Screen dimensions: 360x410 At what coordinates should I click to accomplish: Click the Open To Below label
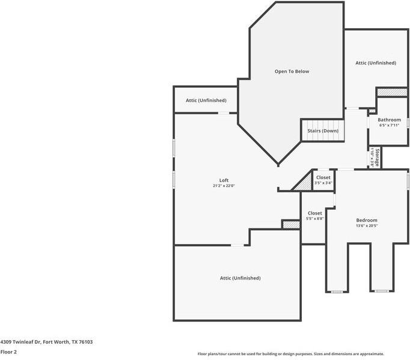(x=292, y=72)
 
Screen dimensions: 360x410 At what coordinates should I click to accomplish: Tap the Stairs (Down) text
(x=323, y=131)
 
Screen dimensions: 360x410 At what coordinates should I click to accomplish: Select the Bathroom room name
(x=389, y=120)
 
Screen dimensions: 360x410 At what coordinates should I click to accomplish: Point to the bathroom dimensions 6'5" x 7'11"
(x=389, y=125)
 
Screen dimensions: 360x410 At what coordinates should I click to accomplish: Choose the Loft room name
(x=224, y=180)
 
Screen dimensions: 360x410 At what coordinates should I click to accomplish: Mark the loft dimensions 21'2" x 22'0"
(x=224, y=186)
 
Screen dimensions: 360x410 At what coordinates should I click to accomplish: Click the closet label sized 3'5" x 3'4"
(x=323, y=178)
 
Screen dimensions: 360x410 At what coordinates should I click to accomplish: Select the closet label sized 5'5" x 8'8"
(x=314, y=213)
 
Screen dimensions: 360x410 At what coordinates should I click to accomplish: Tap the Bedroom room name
(x=367, y=221)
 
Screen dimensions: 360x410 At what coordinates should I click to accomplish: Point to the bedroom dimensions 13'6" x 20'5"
(x=367, y=226)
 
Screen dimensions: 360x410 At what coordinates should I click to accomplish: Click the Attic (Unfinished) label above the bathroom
(x=376, y=63)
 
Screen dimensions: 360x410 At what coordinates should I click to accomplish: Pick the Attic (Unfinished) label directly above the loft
(x=206, y=100)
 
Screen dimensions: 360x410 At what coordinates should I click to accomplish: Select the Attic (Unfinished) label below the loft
(x=240, y=278)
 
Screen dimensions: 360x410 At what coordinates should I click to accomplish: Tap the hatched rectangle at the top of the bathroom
(x=391, y=92)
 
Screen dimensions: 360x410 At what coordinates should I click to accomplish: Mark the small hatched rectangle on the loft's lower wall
(x=291, y=224)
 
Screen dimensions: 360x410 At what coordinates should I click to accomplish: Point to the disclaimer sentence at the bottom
(x=290, y=354)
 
